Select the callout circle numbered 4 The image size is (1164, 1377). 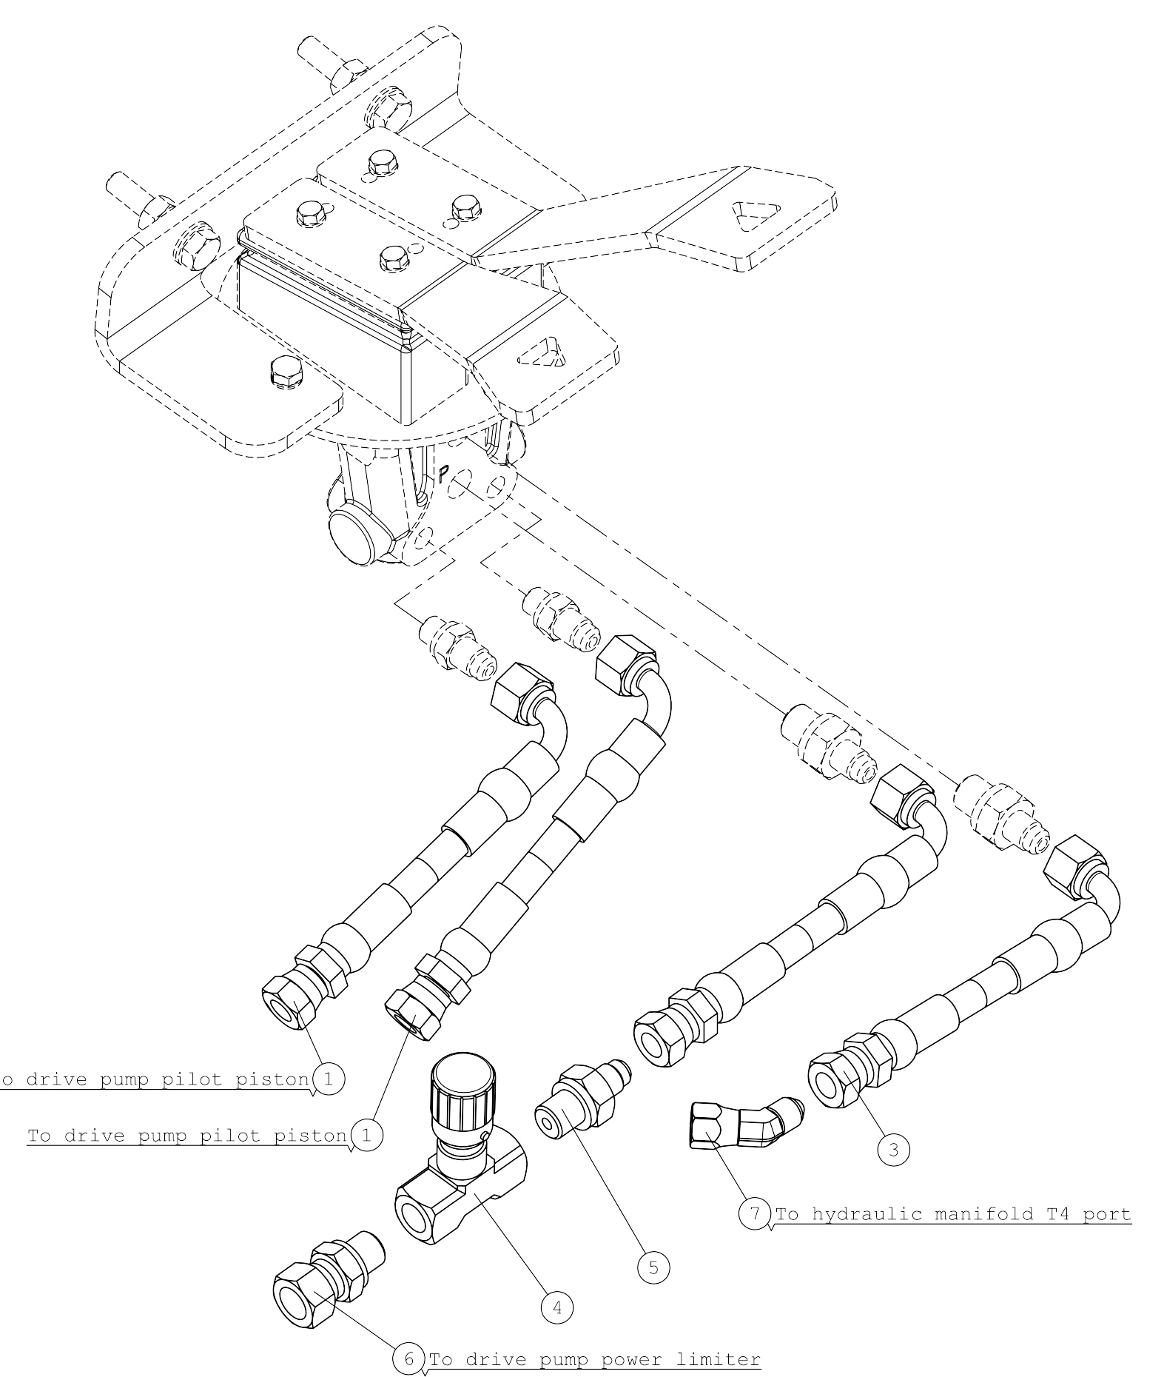tap(557, 1308)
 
